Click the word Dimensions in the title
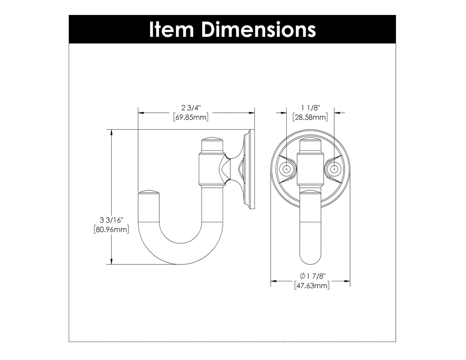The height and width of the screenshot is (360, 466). (258, 30)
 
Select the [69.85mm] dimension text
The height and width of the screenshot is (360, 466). (191, 117)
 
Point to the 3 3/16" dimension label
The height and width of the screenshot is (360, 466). (111, 220)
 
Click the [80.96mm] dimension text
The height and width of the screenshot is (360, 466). (111, 230)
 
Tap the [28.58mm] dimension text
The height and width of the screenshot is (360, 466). (310, 117)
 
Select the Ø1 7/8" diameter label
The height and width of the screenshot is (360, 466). (311, 276)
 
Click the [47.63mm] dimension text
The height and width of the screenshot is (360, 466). (311, 286)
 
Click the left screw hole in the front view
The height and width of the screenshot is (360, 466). (286, 169)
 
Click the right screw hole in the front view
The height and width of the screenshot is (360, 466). (334, 169)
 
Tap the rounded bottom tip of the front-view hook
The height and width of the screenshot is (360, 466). (310, 262)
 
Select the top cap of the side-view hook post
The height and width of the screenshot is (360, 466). (212, 140)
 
